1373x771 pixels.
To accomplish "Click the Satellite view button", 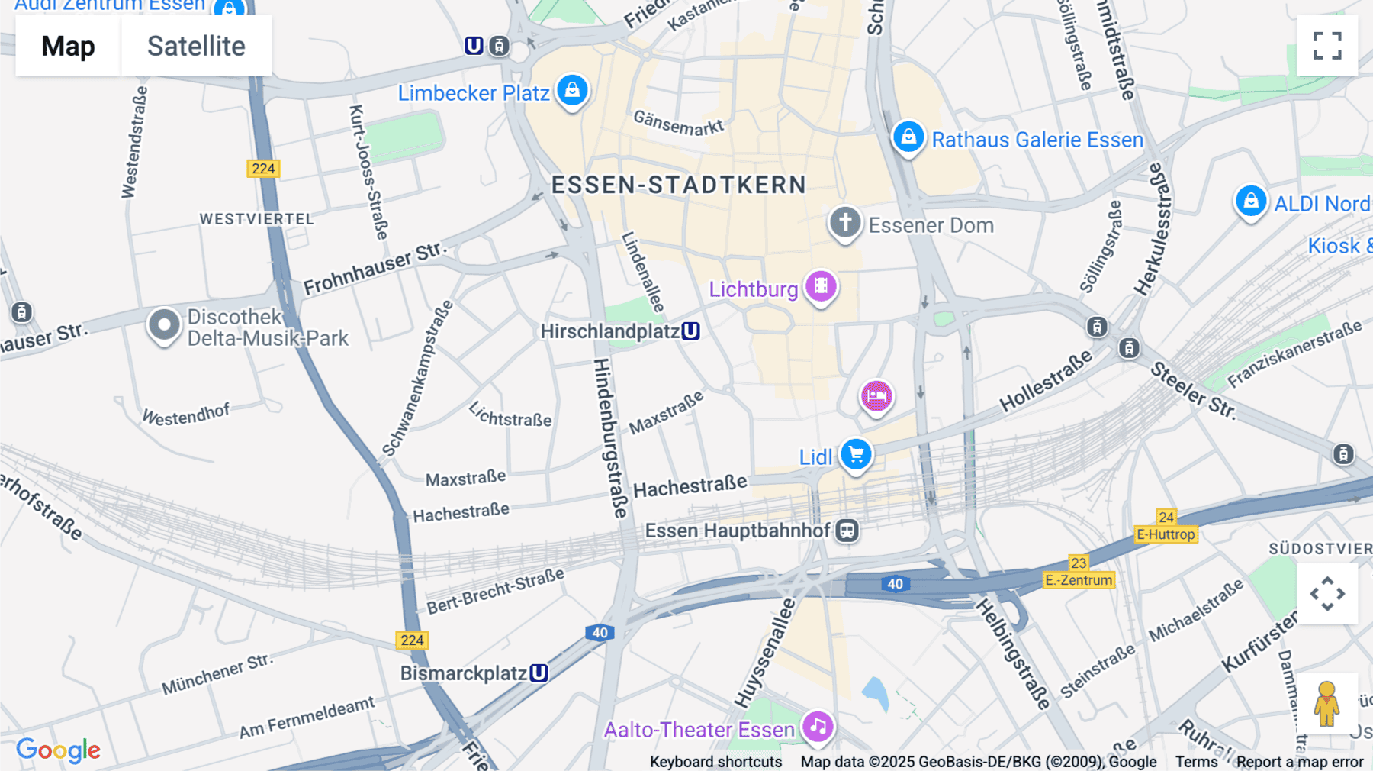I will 196,46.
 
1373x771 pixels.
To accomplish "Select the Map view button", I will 68,46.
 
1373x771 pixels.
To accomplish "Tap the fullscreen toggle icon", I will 1327,46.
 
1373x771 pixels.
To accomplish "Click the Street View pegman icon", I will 1326,704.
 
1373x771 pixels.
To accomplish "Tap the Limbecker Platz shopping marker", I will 572,90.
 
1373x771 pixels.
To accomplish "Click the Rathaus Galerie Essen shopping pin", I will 908,137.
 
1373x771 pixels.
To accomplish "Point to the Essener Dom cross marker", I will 845,223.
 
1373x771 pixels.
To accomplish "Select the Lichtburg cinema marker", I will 821,287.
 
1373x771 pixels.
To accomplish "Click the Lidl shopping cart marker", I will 856,455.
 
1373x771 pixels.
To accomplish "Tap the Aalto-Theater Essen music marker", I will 818,727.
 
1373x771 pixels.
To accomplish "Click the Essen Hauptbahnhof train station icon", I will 847,531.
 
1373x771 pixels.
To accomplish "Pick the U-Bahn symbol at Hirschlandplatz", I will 691,331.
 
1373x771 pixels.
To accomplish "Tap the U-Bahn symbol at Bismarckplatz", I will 539,673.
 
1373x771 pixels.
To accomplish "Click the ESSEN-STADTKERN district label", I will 678,185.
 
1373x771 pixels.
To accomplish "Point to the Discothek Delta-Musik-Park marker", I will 164,325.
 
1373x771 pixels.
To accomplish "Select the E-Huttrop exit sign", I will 1166,534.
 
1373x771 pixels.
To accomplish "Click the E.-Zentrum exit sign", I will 1079,580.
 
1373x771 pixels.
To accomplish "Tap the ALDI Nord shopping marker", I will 1251,202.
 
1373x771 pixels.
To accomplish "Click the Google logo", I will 58,750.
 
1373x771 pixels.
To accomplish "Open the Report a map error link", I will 1300,762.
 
